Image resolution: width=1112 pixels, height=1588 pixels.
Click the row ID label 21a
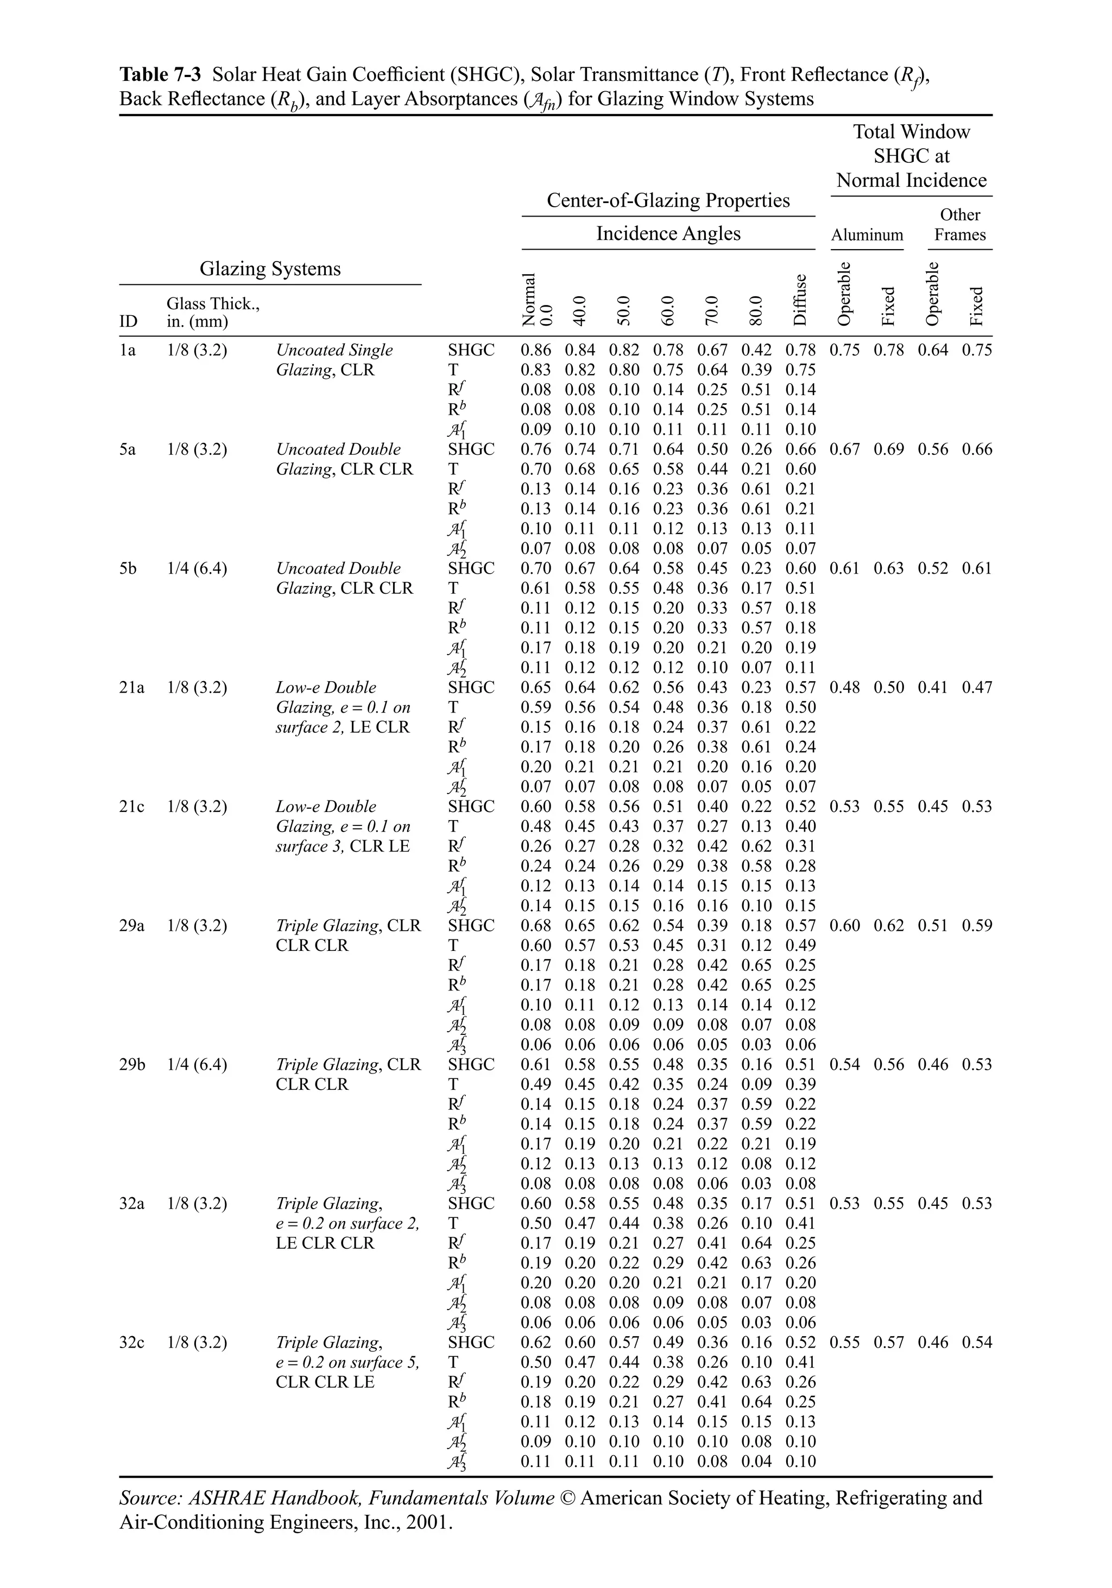click(x=131, y=688)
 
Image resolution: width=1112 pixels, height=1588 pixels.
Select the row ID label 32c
click(x=131, y=1343)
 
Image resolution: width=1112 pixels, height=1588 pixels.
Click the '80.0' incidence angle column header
click(x=756, y=310)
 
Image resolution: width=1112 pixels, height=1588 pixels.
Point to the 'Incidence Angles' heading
click(x=668, y=234)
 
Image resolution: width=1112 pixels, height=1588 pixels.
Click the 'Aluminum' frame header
click(x=867, y=235)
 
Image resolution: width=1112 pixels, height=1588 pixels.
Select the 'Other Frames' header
click(x=960, y=225)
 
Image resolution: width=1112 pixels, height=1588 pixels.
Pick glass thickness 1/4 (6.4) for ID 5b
click(x=197, y=569)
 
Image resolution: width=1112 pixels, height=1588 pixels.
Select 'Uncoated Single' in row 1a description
click(x=334, y=350)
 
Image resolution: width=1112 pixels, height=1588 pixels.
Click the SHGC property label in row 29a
click(x=471, y=925)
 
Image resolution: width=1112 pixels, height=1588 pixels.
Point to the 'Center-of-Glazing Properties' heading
click(x=668, y=201)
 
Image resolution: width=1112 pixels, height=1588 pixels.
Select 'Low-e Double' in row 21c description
click(x=326, y=806)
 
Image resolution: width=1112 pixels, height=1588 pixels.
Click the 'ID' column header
click(x=128, y=322)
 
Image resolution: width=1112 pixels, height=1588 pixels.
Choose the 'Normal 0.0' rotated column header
click(x=536, y=299)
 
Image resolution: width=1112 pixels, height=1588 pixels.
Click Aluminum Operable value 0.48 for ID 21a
click(x=844, y=688)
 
